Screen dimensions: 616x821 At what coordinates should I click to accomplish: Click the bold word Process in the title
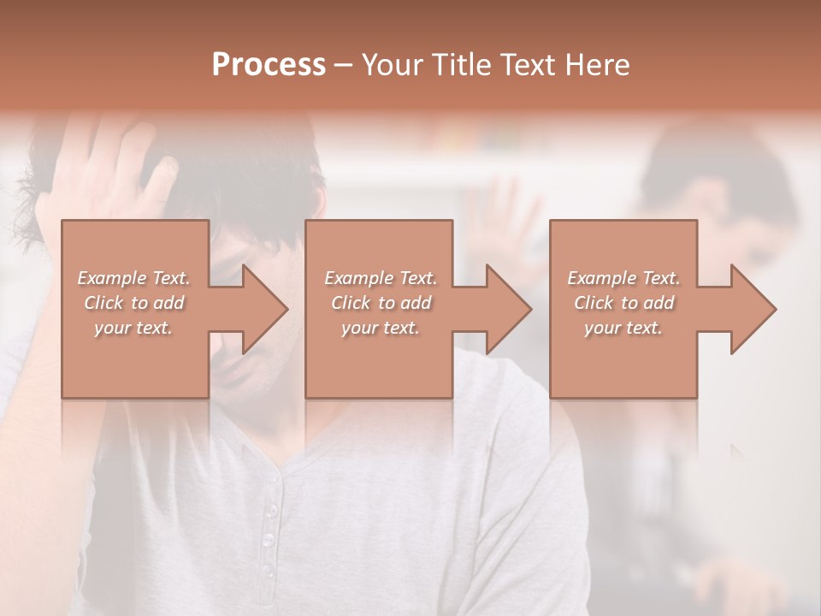269,65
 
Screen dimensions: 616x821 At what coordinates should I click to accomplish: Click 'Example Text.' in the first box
134,278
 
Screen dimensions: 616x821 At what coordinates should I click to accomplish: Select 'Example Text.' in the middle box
381,278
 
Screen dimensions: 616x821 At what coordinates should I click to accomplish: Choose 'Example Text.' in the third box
623,278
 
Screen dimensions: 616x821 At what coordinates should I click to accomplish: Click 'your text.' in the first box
133,328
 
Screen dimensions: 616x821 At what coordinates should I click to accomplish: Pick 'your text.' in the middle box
381,328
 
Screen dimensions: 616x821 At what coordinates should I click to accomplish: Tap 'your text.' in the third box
623,328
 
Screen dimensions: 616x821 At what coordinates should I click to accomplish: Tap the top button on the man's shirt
272,511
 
